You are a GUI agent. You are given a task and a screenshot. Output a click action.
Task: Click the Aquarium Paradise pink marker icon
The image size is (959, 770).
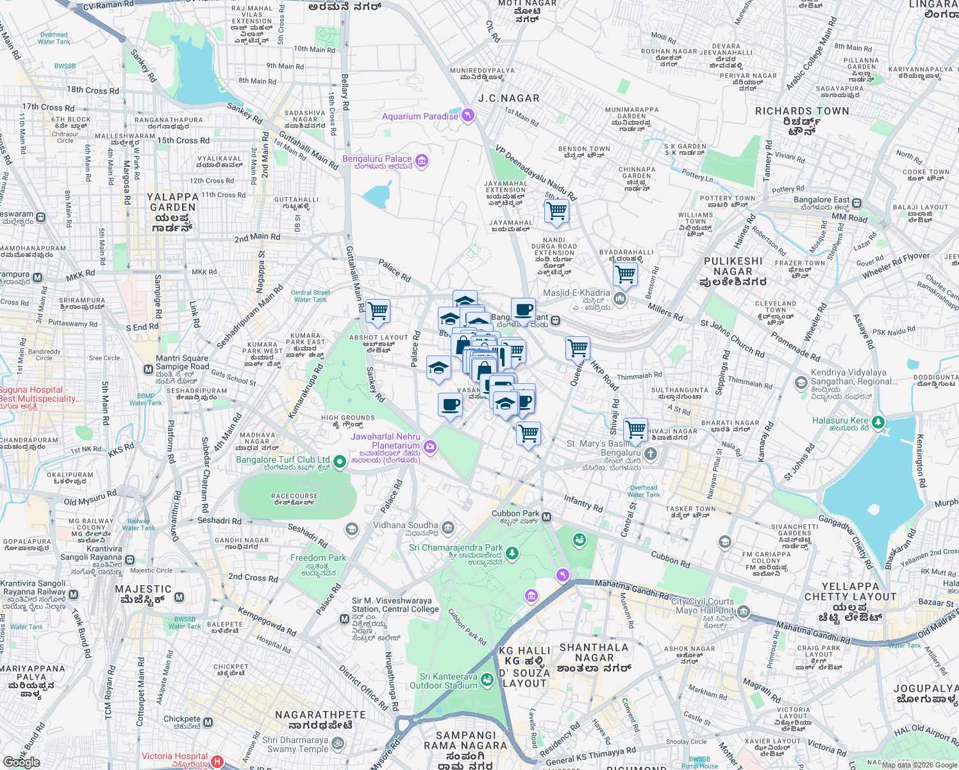coord(469,116)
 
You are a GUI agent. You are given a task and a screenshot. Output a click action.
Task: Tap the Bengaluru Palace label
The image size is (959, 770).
coord(377,158)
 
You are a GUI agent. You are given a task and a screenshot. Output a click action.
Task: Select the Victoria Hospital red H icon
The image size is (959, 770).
coord(217,762)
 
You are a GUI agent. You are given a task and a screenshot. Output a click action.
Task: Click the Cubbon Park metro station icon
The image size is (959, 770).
coord(547,517)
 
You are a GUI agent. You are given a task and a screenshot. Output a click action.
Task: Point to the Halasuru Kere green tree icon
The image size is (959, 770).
coord(878,422)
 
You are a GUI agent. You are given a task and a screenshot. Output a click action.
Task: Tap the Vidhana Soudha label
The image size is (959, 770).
coord(406,526)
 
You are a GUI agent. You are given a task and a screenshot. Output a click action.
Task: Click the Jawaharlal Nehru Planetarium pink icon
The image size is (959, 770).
coord(430,446)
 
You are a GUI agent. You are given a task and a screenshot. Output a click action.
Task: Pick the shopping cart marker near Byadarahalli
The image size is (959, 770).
coord(625,275)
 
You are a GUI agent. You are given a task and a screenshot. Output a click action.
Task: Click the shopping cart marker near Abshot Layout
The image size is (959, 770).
coord(378,311)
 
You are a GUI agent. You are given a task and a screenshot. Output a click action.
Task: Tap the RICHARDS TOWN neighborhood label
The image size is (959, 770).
coord(802,112)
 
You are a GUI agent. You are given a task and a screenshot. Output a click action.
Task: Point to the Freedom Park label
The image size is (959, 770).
coord(318,558)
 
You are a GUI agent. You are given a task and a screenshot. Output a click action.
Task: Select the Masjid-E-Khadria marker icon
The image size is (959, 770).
coord(619,298)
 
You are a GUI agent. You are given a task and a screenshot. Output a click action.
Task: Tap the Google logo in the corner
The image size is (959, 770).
coord(22,762)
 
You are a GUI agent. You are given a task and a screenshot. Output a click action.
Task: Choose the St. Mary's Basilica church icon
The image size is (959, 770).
coord(651,454)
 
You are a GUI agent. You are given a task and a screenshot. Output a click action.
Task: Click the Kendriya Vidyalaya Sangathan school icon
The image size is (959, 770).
coord(801,383)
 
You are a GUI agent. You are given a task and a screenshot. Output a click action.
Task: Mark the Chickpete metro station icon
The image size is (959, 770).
coord(208,723)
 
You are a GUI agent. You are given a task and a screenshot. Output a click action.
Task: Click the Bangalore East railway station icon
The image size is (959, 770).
coord(857,203)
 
